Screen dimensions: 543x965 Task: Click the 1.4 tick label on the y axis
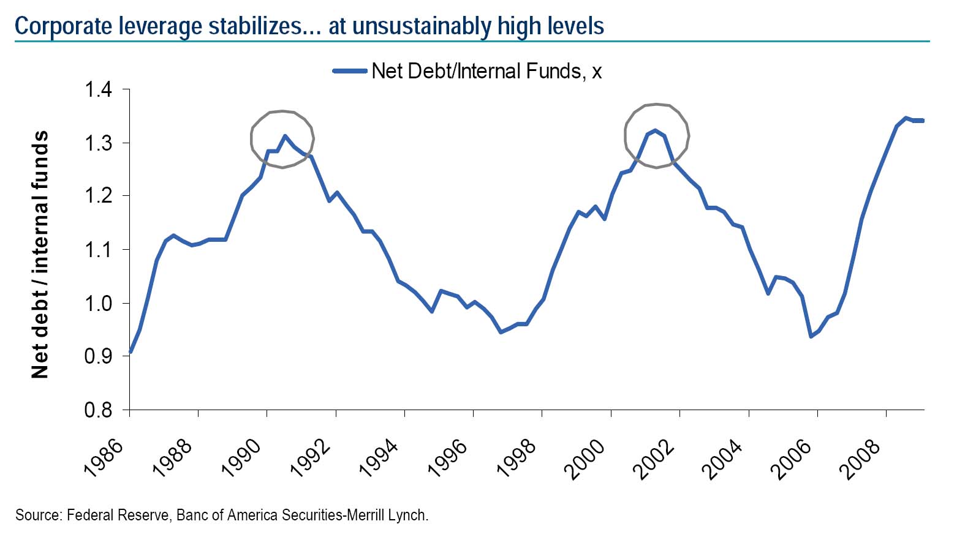98,90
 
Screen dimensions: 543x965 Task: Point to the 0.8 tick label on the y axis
98,410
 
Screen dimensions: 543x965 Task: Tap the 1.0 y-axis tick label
98,304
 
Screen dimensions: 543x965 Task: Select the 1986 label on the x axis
104,459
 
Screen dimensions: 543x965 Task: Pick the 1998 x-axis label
516,459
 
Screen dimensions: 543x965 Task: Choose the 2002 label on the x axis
653,460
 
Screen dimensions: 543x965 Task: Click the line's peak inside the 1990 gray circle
285,136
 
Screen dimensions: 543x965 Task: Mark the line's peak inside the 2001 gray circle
655,130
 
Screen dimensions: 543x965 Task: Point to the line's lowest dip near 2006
811,336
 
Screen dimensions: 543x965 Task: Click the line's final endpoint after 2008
922,121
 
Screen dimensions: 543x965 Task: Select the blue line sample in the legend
350,71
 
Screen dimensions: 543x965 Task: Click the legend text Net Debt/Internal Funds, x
486,72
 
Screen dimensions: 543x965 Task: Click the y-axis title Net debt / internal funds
40,254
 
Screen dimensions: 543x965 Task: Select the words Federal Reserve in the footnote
117,515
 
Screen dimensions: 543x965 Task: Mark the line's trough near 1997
501,332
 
